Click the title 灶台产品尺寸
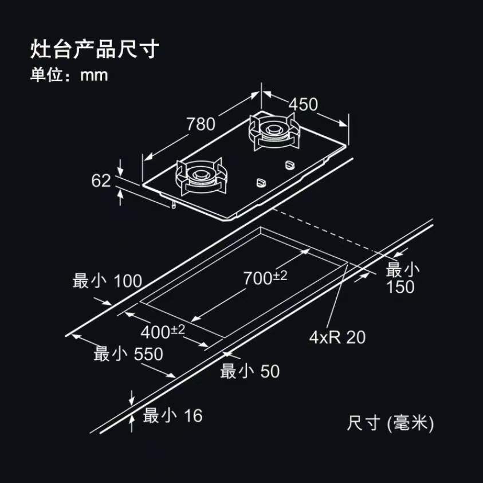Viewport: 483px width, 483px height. pyautogui.click(x=95, y=49)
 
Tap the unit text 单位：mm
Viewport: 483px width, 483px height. pyautogui.click(x=69, y=75)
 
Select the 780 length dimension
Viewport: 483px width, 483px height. pyautogui.click(x=201, y=124)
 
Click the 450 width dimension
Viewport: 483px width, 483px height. pyautogui.click(x=303, y=104)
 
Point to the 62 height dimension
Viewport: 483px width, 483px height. pyautogui.click(x=101, y=180)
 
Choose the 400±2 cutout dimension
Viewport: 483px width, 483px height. pyautogui.click(x=163, y=331)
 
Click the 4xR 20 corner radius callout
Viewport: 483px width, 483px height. pyautogui.click(x=337, y=337)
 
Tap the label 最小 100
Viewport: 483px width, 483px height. pyautogui.click(x=107, y=281)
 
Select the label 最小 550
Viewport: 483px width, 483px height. pyautogui.click(x=128, y=354)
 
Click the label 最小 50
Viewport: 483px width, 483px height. pyautogui.click(x=250, y=371)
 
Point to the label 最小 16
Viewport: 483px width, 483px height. pyautogui.click(x=172, y=415)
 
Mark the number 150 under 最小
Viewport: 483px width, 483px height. pyautogui.click(x=400, y=287)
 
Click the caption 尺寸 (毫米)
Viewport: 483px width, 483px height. pyautogui.click(x=390, y=423)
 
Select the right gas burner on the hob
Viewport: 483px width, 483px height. pyautogui.click(x=273, y=131)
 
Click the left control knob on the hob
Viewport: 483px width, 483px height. pyautogui.click(x=261, y=182)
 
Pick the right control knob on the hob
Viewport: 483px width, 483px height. pyautogui.click(x=290, y=164)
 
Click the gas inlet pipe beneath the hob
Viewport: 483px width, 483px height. pyautogui.click(x=174, y=204)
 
